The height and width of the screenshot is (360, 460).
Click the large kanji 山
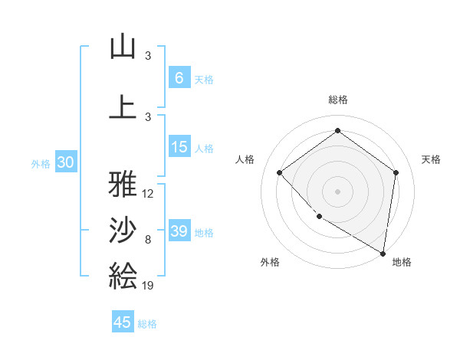click(123, 47)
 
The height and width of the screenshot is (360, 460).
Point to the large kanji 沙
click(123, 229)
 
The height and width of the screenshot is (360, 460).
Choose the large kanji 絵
click(123, 275)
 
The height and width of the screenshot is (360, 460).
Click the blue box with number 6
click(179, 77)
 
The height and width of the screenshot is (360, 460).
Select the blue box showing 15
click(179, 147)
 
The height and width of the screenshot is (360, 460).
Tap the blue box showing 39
click(179, 231)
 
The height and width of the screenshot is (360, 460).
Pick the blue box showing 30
click(65, 162)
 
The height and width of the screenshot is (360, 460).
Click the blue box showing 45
click(123, 322)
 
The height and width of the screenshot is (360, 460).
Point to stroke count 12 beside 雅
click(148, 194)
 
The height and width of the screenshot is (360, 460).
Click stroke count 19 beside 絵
click(148, 286)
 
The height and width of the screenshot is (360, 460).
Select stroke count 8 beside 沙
click(148, 240)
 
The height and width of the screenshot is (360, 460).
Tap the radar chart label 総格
click(337, 100)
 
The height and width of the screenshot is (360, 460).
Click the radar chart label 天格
click(431, 159)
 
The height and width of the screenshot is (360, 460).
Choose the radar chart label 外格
click(270, 262)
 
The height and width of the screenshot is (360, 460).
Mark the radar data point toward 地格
click(383, 253)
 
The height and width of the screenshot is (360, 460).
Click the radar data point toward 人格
click(280, 172)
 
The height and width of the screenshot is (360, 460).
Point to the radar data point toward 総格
click(337, 130)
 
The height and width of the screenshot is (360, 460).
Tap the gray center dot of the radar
click(337, 191)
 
